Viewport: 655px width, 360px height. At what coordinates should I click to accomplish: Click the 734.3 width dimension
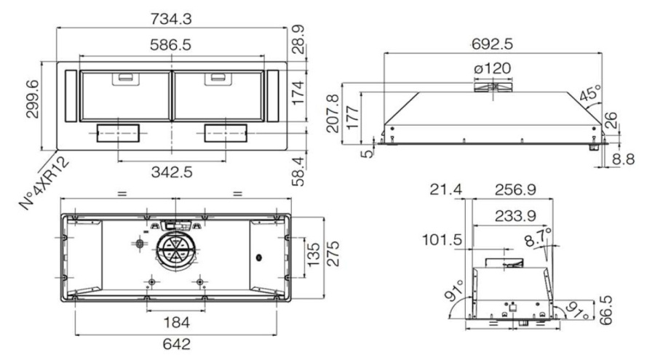click(x=171, y=19)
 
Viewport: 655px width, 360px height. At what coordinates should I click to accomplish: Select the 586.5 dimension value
click(x=171, y=44)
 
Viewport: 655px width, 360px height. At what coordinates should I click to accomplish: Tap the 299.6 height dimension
click(x=33, y=99)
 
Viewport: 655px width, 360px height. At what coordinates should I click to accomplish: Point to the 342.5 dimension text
click(x=172, y=172)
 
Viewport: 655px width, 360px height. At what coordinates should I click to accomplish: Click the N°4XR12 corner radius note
click(x=44, y=183)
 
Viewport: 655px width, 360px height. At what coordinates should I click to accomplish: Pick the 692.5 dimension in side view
click(x=492, y=44)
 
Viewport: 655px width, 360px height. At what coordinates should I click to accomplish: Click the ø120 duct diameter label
click(x=493, y=68)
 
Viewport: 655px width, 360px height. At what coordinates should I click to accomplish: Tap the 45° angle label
click(x=590, y=93)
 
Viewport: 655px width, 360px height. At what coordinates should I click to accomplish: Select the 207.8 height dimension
click(x=333, y=113)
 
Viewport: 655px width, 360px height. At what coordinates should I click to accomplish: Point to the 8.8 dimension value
click(x=623, y=159)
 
